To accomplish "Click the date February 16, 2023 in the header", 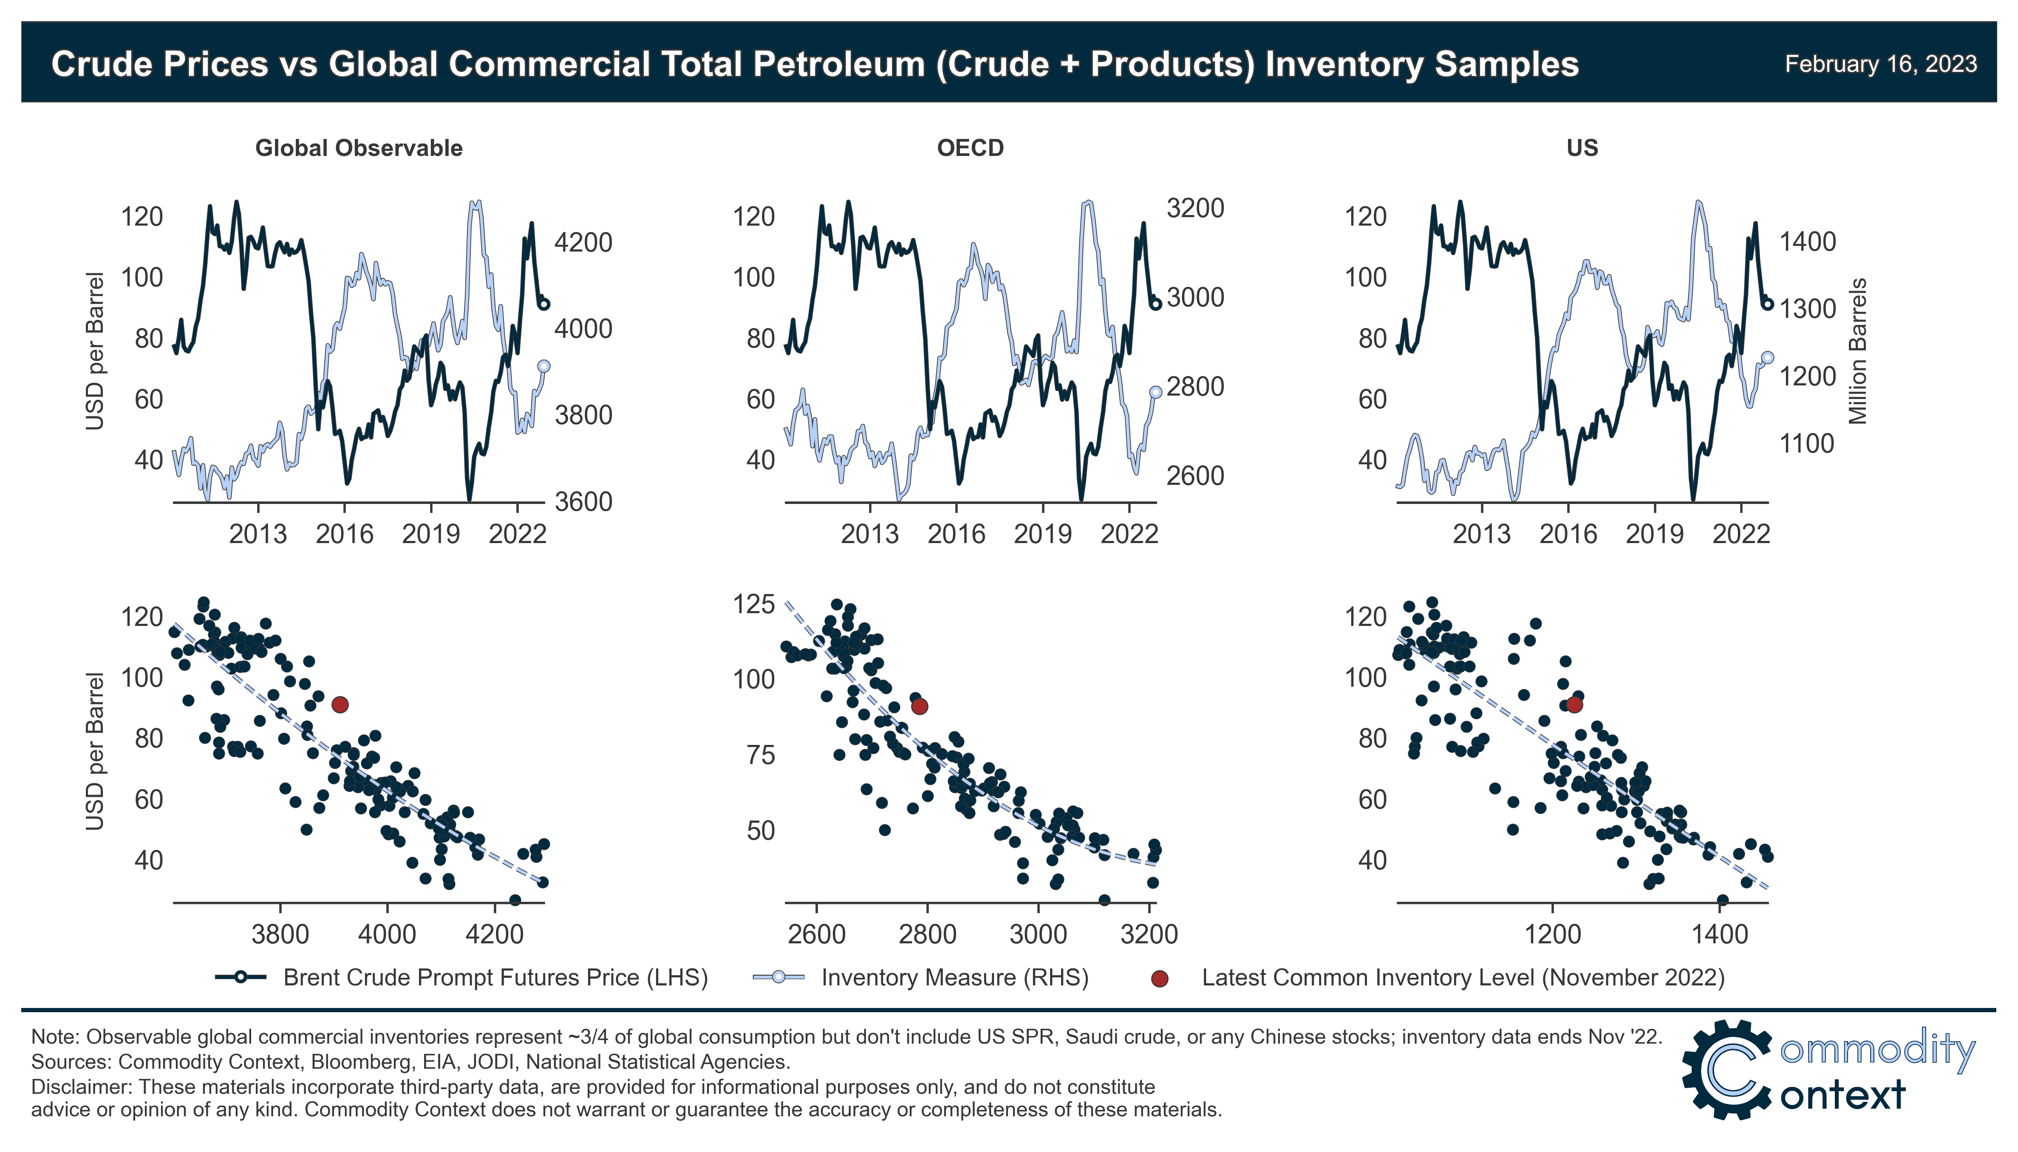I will click(1880, 64).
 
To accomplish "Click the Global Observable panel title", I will click(358, 148).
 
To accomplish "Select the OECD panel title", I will click(970, 148).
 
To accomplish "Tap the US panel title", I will click(1582, 148).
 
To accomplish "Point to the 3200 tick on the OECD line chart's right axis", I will click(1195, 208).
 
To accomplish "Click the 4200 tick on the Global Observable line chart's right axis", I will click(583, 242).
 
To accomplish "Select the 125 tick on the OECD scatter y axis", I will click(754, 605).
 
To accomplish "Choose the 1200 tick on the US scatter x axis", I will click(1553, 934).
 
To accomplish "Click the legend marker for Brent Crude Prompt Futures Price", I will click(240, 977).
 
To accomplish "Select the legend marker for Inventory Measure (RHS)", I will click(778, 977).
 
